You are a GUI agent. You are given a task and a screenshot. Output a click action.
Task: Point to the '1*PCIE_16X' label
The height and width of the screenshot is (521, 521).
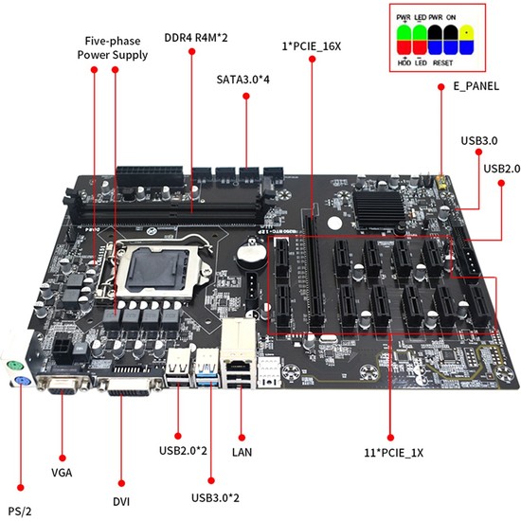pos(309,45)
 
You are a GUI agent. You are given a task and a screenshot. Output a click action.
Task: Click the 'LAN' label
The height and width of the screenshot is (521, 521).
pos(243,452)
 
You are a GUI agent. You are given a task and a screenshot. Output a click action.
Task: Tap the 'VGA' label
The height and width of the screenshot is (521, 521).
pos(63,470)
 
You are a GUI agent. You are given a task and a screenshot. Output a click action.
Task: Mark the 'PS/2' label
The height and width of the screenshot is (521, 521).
pos(20,512)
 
